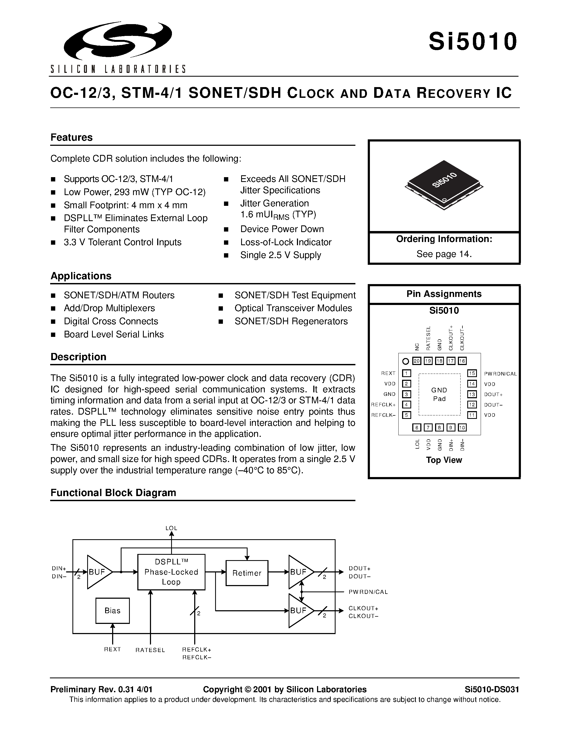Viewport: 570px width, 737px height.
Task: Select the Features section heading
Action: click(x=71, y=137)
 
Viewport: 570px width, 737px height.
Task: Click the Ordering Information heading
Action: click(x=444, y=239)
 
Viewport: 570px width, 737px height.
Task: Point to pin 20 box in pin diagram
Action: click(x=417, y=361)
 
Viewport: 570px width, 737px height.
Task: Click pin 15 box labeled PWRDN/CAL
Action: click(x=472, y=373)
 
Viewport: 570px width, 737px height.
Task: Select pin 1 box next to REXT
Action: click(x=407, y=373)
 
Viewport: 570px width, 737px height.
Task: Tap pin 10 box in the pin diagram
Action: click(x=462, y=427)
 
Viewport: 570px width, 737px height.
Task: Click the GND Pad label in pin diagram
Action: click(x=439, y=394)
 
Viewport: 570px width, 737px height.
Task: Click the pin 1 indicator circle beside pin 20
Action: click(x=406, y=362)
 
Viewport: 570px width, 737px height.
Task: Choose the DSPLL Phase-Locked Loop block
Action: click(x=171, y=572)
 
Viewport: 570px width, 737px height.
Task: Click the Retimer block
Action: click(x=247, y=573)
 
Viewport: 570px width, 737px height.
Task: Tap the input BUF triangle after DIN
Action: click(x=98, y=572)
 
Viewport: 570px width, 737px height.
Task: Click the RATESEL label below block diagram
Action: click(x=150, y=650)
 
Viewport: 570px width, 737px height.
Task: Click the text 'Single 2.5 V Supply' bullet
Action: click(x=280, y=255)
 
